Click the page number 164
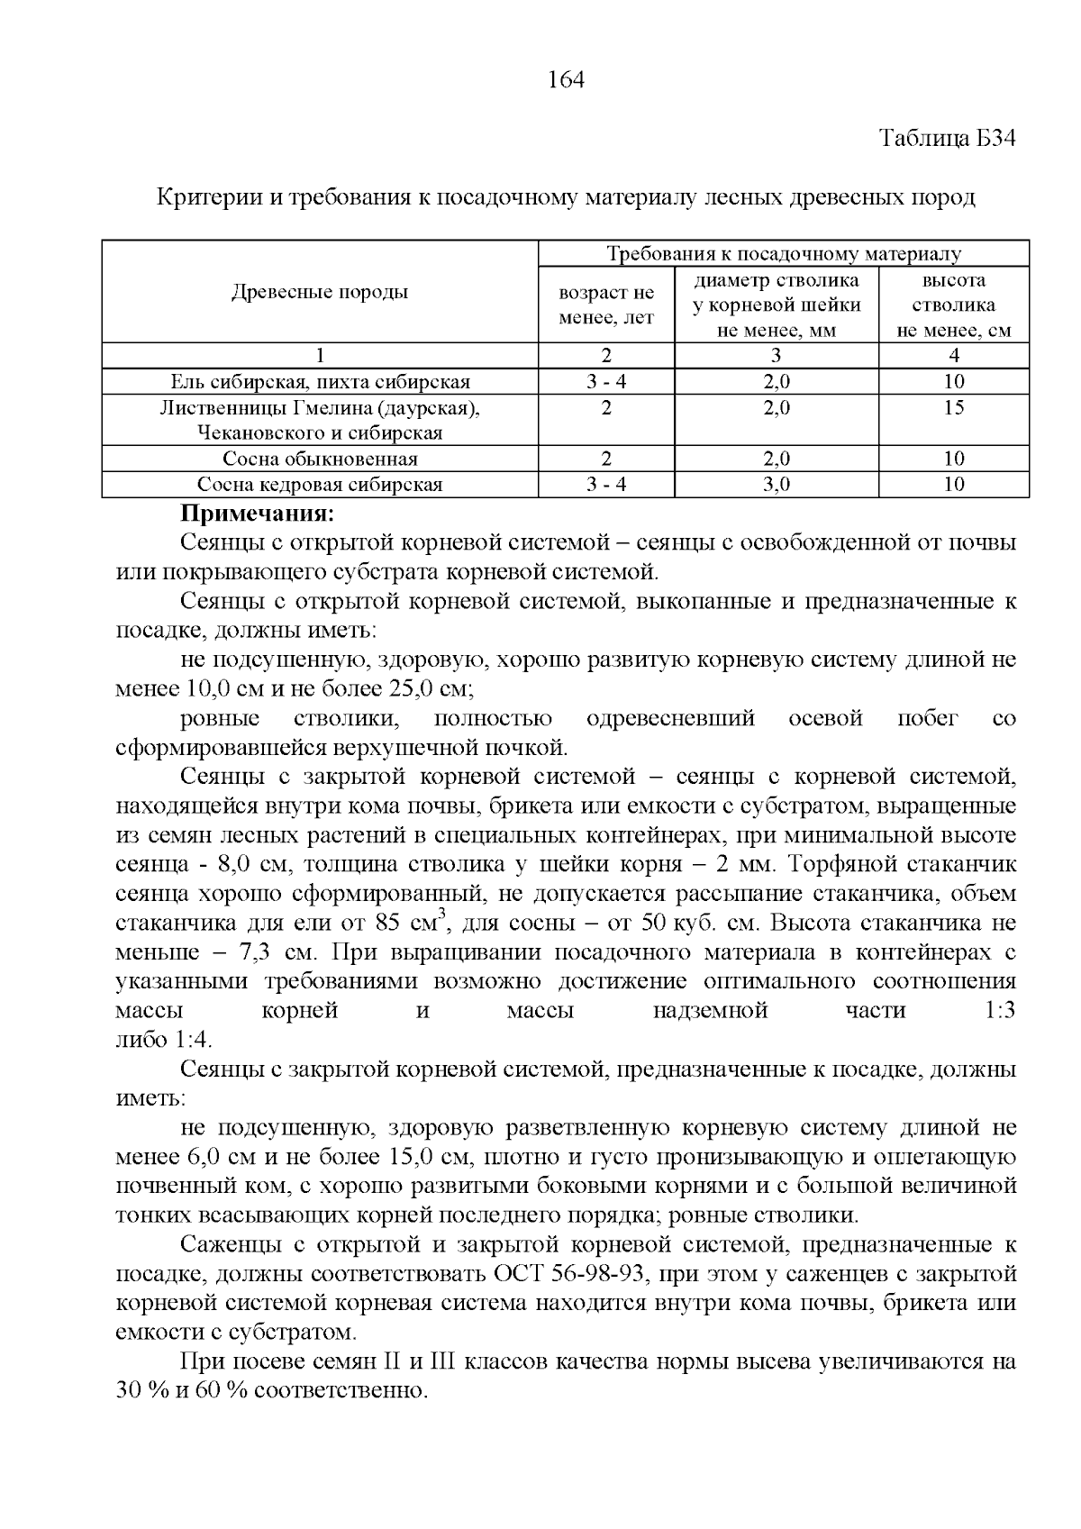pos(566,80)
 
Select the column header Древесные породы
pos(320,292)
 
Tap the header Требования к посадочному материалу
pos(783,253)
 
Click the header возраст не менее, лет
pos(605,305)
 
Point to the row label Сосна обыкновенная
pos(320,460)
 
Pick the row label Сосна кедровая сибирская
pos(320,485)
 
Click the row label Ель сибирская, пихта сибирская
pos(320,382)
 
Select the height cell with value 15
pos(953,408)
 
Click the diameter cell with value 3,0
pos(776,485)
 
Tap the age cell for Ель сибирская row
pos(605,382)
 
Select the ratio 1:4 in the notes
pos(191,1040)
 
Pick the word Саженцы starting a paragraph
pos(230,1245)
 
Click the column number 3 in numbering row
pos(776,355)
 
